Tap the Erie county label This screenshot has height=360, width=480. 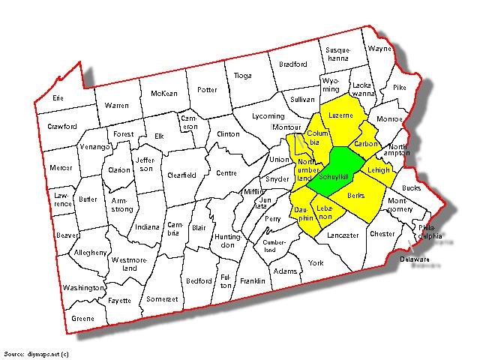tap(57, 97)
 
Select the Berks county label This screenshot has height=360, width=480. tap(355, 196)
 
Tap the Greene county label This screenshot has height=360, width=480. tap(82, 317)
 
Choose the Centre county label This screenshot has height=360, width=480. tap(226, 173)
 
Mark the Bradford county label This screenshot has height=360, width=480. tap(292, 64)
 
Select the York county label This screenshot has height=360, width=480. tap(315, 263)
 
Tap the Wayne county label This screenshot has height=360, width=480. tap(379, 49)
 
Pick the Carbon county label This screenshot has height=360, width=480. tap(367, 144)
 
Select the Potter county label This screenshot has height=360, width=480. tap(206, 90)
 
